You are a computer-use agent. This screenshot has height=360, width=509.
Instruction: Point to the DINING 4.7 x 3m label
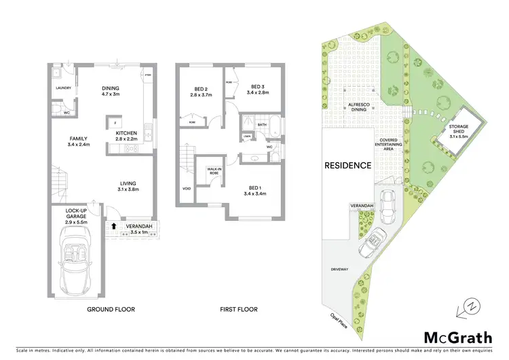110,92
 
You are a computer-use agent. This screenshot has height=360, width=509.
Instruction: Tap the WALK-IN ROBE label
208,171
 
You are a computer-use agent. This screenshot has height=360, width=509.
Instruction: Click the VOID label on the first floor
186,190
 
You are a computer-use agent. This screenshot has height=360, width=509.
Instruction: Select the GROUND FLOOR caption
111,310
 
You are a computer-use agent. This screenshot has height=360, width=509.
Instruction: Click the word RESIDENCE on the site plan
347,165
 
